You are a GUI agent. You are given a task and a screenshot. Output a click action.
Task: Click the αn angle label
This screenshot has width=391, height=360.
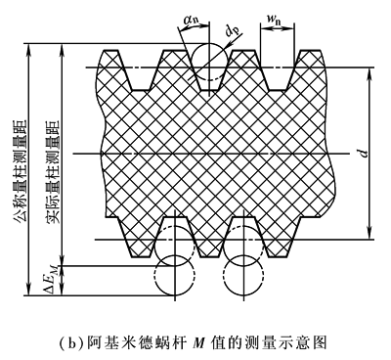tap(191, 21)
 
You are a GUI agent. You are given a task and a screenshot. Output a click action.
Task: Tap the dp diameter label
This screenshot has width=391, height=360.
tap(233, 31)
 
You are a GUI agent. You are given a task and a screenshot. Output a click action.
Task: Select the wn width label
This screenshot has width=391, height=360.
tap(275, 20)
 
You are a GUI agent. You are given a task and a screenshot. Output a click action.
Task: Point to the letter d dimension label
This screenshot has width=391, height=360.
tap(365, 153)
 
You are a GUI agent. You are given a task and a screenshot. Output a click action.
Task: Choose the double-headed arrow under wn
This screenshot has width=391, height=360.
tap(277, 28)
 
